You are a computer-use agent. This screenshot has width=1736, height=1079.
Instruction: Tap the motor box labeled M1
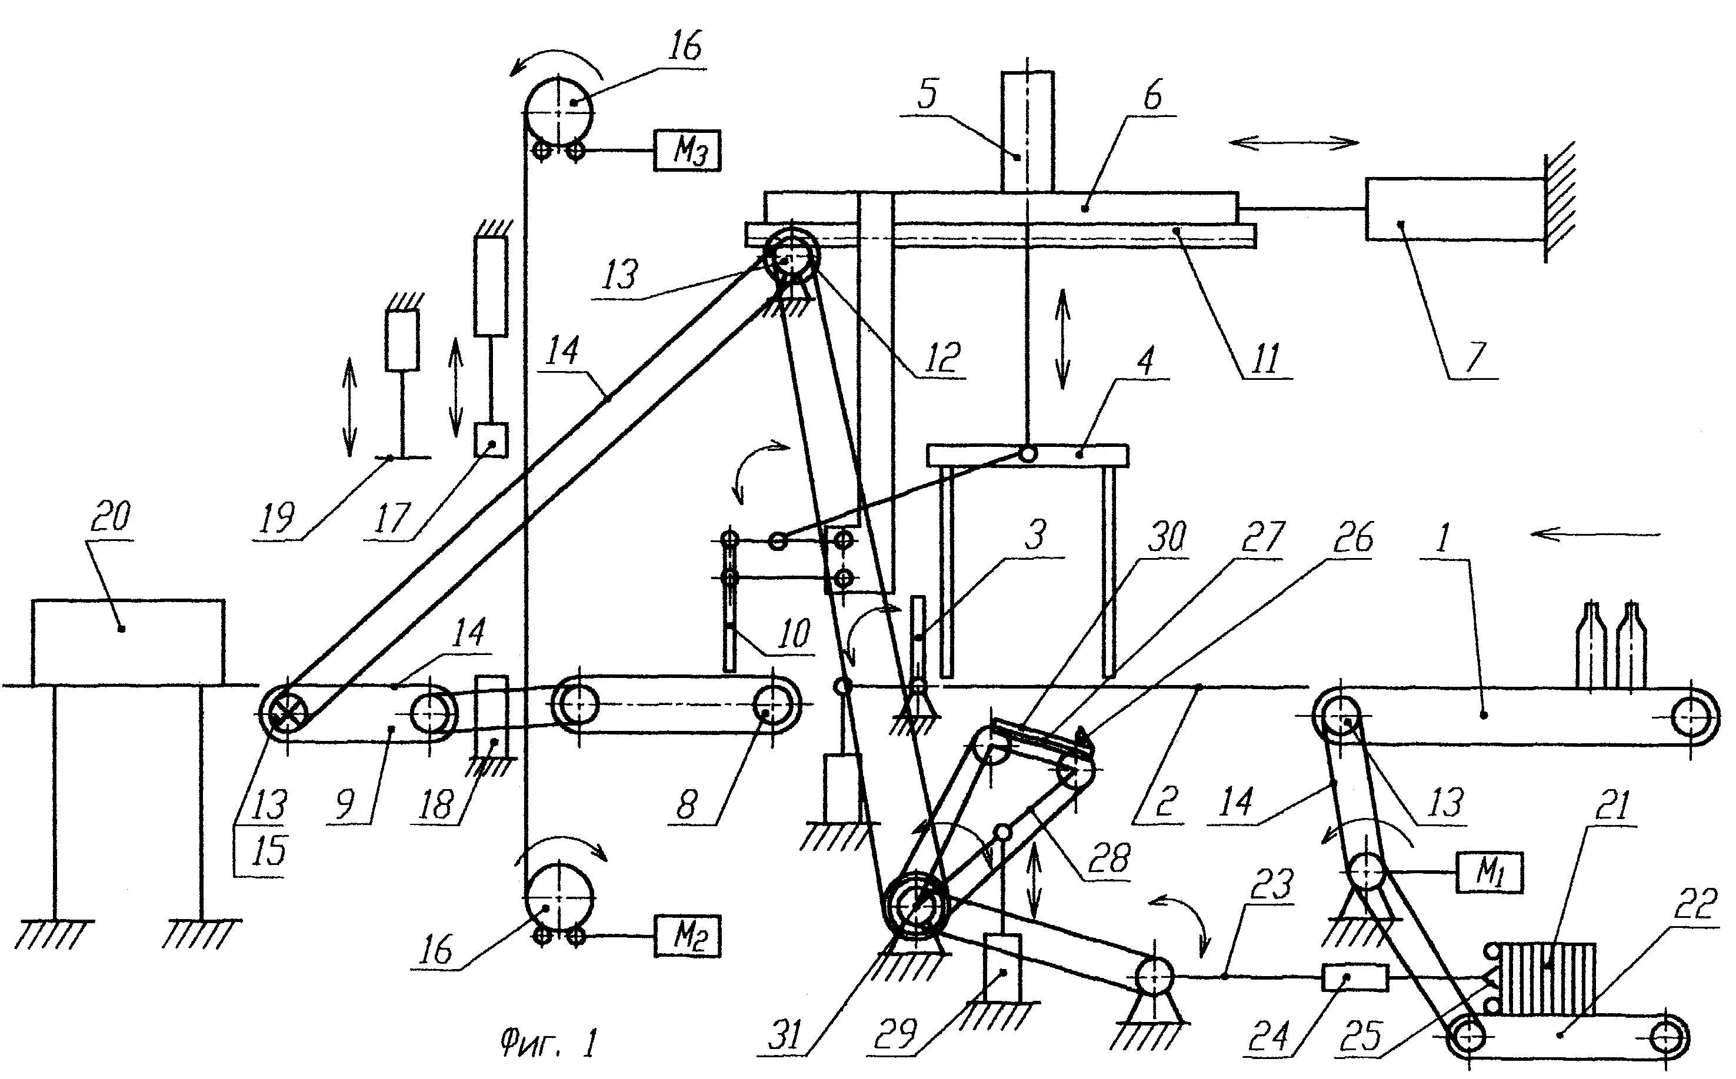point(1490,872)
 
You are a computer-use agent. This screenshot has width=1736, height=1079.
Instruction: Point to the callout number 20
point(111,517)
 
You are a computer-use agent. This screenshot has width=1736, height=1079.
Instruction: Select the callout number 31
point(786,1035)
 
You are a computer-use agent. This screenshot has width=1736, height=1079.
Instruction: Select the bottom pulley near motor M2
point(559,896)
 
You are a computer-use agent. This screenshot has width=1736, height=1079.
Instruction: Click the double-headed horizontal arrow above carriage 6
point(1294,143)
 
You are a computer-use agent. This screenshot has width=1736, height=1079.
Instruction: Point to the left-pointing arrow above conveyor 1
point(1596,534)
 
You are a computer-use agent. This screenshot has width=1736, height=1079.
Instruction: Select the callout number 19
point(277,518)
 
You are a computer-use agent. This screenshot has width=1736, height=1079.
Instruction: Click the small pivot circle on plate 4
point(1028,453)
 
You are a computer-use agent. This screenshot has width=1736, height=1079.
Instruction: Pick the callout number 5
point(927,94)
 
